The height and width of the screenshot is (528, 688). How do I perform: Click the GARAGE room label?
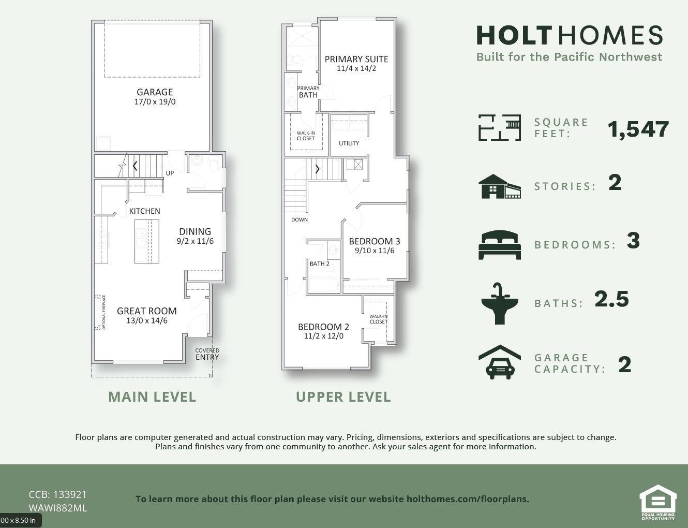[155, 92]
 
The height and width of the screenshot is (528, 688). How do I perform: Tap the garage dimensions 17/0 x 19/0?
[155, 101]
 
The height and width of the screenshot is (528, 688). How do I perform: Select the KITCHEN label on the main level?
[144, 211]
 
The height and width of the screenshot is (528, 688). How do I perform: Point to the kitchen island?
[147, 241]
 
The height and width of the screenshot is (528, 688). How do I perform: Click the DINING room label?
[195, 231]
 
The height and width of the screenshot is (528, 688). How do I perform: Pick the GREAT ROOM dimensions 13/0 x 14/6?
[147, 320]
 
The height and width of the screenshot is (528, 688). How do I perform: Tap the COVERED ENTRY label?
[207, 354]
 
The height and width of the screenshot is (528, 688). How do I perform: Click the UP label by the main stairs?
[170, 173]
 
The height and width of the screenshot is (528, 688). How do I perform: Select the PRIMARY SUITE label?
[356, 59]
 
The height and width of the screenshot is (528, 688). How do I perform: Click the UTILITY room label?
[349, 143]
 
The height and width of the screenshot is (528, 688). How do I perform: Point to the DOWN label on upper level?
[300, 220]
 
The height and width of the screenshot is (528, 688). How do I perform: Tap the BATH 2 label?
[320, 264]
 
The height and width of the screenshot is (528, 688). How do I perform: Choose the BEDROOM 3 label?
[375, 241]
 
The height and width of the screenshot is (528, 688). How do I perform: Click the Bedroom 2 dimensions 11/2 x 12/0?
[324, 336]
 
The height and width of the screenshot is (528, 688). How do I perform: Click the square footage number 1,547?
[638, 129]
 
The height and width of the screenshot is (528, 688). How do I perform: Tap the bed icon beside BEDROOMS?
[500, 244]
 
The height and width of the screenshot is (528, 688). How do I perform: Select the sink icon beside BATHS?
[500, 303]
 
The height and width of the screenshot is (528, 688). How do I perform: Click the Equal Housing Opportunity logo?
[658, 502]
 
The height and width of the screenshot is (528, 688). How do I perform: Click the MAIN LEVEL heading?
[152, 397]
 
